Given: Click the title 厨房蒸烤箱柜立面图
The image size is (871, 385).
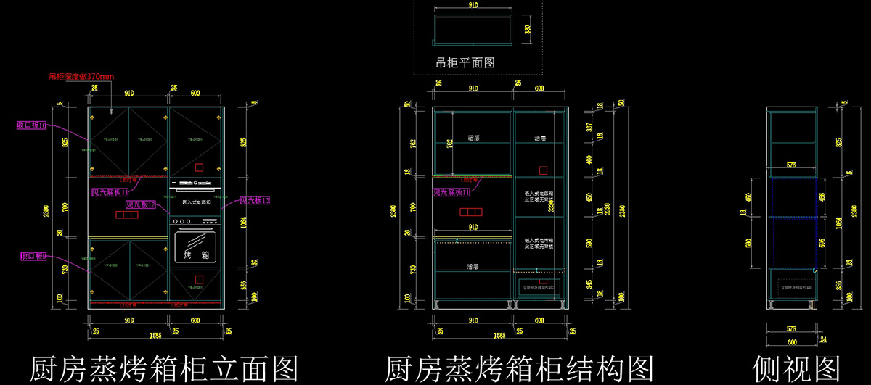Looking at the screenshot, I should (x=164, y=368).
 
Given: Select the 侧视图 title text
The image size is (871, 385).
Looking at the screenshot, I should (x=797, y=368).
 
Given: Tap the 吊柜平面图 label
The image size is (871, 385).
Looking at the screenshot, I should (x=465, y=63).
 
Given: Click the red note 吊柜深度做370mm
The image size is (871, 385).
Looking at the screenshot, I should (x=81, y=76).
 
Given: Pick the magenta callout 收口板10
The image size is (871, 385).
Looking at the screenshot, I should (x=33, y=125).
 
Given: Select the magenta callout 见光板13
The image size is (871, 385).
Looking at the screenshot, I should (x=254, y=200).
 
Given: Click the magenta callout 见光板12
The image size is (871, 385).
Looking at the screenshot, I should (x=140, y=205).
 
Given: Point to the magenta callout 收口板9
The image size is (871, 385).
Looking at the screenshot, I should (x=33, y=257).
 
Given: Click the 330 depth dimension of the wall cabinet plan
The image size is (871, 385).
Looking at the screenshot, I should (x=528, y=30).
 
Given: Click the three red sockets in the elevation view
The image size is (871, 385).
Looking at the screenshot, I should (x=127, y=215).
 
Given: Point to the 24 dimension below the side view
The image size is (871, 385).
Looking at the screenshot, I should (x=823, y=339).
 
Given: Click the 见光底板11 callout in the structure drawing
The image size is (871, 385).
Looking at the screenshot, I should (x=451, y=192).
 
